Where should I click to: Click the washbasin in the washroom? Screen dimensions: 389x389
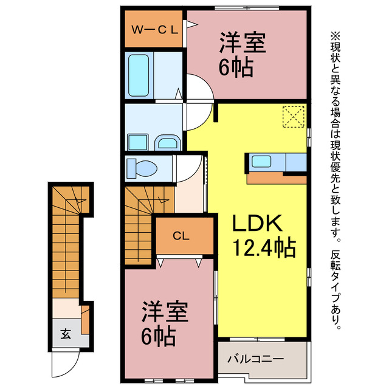point(167,143)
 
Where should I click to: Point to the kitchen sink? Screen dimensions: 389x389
point(262,162)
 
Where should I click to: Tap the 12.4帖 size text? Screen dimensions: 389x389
point(263,247)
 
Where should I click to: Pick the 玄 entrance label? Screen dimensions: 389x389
point(64,333)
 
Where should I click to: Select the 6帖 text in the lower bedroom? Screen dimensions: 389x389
point(159,336)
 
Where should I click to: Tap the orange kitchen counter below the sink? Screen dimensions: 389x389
point(277,178)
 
